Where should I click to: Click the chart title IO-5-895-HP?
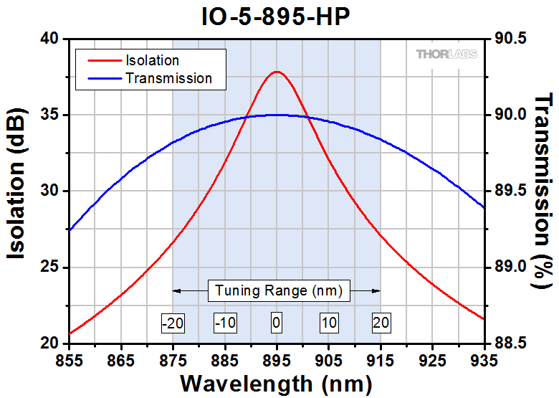coord(276,17)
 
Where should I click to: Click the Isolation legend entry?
coord(152,60)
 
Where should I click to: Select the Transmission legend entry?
coord(168,78)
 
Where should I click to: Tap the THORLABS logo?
coord(444,55)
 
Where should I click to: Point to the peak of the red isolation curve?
coord(277,72)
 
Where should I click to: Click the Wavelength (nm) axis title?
coord(276,383)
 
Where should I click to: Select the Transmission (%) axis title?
coord(545,191)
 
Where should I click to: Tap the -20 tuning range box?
coord(173,323)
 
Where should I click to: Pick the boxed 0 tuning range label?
coord(277,323)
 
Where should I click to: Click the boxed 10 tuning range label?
coord(328,323)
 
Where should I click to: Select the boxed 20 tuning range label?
coord(381,323)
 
